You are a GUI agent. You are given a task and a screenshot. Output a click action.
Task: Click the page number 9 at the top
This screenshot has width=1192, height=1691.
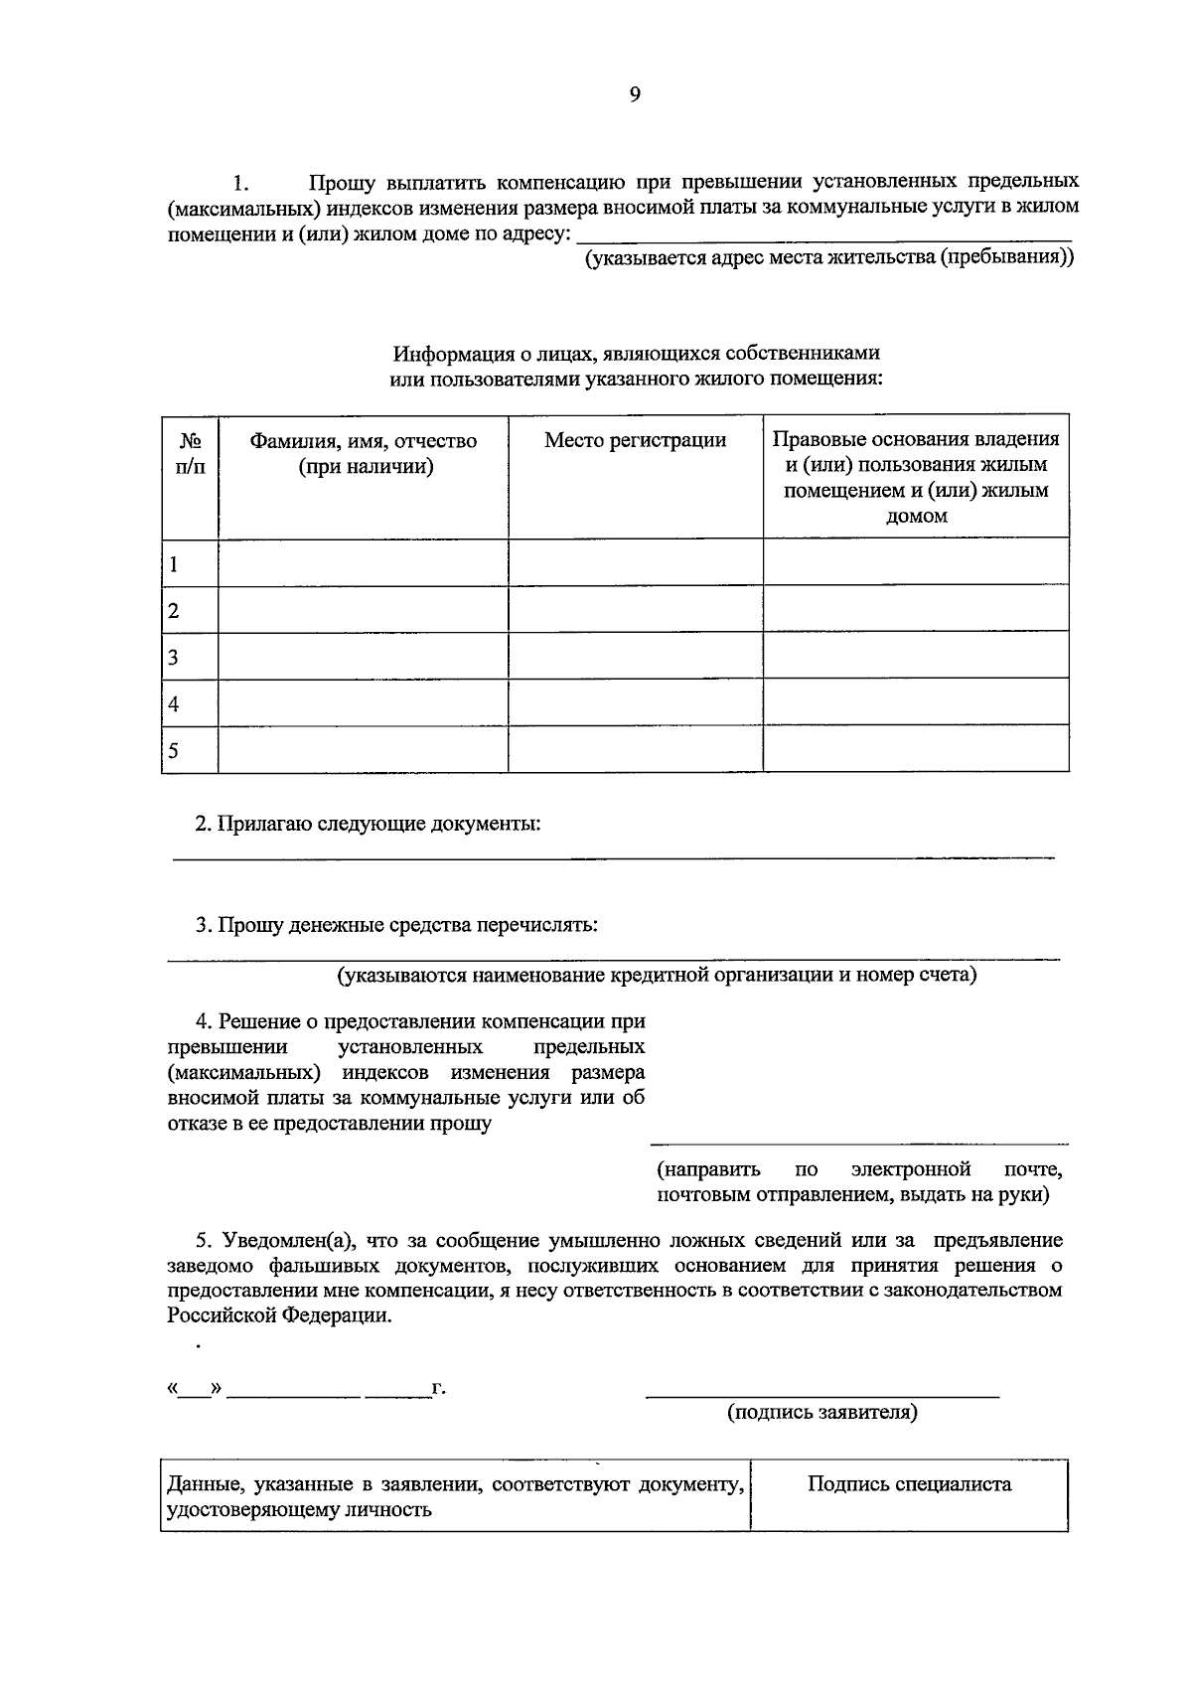pyautogui.click(x=635, y=95)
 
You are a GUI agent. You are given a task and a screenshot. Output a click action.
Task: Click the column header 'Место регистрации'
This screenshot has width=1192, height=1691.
pyautogui.click(x=635, y=440)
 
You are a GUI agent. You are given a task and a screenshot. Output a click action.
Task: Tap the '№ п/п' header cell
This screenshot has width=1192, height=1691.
pyautogui.click(x=190, y=453)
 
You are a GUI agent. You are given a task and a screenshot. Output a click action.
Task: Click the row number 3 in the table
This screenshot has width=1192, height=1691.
pyautogui.click(x=174, y=657)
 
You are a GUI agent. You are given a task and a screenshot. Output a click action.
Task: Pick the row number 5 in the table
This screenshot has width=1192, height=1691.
pyautogui.click(x=174, y=750)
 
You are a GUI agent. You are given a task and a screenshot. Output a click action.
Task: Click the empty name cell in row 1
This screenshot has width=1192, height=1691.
pyautogui.click(x=363, y=563)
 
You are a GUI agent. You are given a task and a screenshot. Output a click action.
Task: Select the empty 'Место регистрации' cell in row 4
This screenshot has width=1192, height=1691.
pyautogui.click(x=635, y=702)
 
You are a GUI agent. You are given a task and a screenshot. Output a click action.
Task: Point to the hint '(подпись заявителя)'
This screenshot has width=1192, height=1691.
pyautogui.click(x=821, y=1412)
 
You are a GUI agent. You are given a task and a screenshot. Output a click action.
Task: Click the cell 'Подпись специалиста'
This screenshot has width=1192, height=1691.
pyautogui.click(x=909, y=1484)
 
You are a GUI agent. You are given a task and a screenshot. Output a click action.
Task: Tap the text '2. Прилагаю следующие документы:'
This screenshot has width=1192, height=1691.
pyautogui.click(x=368, y=824)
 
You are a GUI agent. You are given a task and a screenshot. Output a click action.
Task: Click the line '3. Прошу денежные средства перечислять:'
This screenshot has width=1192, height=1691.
pyautogui.click(x=396, y=925)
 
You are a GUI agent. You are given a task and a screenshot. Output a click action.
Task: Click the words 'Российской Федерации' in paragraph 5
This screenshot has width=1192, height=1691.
pyautogui.click(x=278, y=1315)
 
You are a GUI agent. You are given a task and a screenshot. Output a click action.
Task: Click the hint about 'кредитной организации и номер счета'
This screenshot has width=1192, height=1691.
pyautogui.click(x=656, y=975)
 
